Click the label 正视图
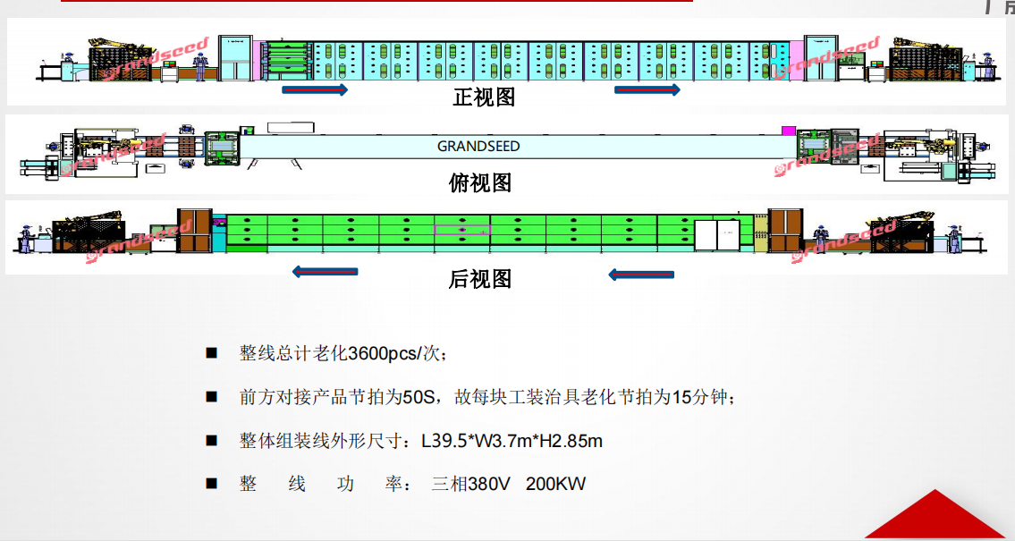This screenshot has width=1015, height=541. [484, 97]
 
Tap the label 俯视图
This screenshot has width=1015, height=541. [479, 183]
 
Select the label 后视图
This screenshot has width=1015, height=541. [479, 279]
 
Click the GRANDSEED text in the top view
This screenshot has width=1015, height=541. [478, 146]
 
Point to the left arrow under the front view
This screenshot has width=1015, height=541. [315, 90]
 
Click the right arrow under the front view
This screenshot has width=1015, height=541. [647, 90]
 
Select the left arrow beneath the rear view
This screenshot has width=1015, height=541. [325, 271]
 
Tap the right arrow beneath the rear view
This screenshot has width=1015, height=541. [640, 274]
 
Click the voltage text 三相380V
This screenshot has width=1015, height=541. [470, 485]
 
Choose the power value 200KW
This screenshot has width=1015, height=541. [555, 485]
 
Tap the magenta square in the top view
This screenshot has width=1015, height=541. [788, 131]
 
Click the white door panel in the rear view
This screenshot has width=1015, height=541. [717, 233]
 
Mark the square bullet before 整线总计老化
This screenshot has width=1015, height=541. [212, 353]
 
